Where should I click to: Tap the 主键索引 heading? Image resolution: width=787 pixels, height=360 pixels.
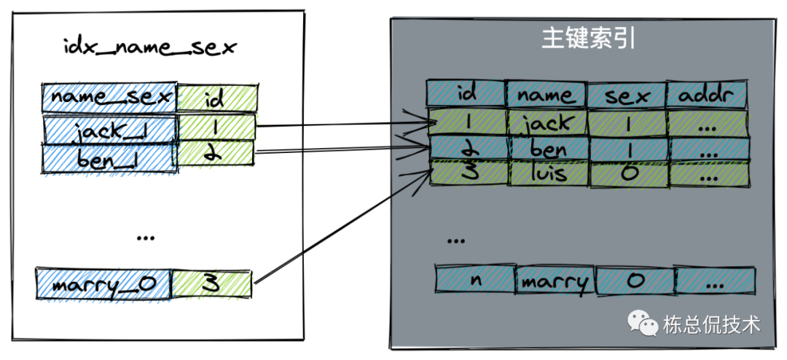[588, 39]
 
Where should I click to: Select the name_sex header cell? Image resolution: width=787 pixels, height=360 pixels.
[110, 97]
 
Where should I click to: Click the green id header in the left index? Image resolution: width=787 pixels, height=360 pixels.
[215, 98]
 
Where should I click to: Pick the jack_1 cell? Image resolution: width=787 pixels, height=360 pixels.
[110, 130]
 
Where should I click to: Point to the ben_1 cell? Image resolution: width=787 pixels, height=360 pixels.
[109, 158]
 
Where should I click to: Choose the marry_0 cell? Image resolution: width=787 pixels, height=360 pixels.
[103, 283]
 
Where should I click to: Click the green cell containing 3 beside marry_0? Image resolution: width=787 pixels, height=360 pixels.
[212, 283]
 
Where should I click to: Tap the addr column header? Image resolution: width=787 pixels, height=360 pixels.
[707, 94]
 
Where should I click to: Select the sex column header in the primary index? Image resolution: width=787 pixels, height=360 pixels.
[626, 94]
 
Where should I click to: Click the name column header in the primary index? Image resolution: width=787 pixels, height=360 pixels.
[547, 94]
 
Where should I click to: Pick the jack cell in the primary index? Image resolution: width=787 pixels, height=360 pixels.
[547, 123]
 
